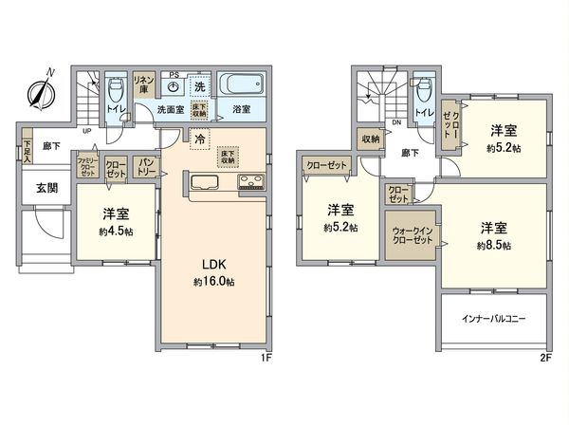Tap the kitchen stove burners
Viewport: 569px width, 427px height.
coord(250,181)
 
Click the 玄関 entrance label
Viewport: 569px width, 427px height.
coord(46,188)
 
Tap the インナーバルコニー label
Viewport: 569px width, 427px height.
coord(494,319)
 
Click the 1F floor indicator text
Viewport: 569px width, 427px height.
coord(266,360)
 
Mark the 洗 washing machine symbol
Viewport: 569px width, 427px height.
coord(200,86)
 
